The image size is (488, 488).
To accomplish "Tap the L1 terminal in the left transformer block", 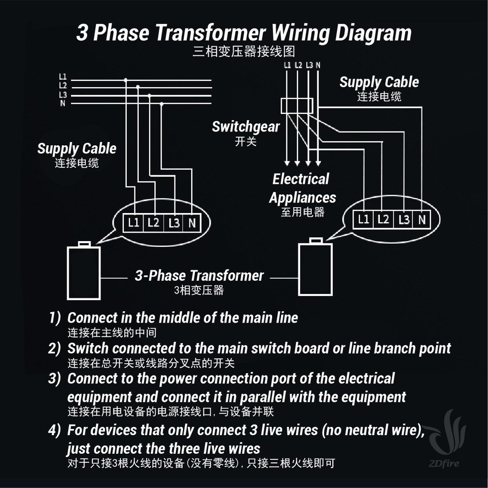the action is pos(133,223).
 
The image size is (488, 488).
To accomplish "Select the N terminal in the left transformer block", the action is pos(192,223).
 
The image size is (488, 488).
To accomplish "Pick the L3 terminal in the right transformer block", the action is pos(403,220).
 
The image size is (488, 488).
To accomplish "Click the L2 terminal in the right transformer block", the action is pos(383,220).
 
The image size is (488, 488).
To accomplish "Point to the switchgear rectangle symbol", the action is pos(297,106).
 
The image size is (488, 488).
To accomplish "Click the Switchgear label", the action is pos(246,127).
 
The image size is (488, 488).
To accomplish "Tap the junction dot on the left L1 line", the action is pos(125,80).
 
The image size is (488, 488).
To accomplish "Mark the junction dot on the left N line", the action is pos(161,104).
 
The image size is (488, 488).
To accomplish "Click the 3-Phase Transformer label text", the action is pos(199,276).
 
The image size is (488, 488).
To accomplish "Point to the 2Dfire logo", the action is pos(446,438).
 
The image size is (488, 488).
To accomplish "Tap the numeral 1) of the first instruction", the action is pos(55,318).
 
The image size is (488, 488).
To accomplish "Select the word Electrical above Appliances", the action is pos(301,179).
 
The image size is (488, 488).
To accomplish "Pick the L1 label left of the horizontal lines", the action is pos(63,77).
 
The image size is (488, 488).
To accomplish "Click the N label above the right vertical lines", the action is pos(318,65).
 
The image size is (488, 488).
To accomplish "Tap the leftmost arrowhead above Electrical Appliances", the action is pos(287,163).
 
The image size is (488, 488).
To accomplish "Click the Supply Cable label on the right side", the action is pos(379,82).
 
